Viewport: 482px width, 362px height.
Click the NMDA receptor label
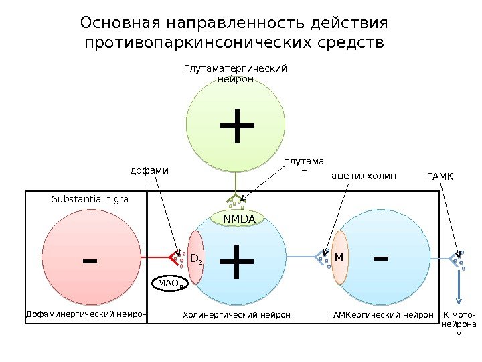(x=238, y=218)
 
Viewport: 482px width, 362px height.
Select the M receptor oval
(x=339, y=257)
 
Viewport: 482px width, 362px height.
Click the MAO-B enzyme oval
(x=170, y=284)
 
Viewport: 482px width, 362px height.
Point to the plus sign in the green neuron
(x=236, y=126)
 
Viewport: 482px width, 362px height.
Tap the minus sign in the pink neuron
(x=88, y=259)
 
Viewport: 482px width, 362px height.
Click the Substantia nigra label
(x=90, y=199)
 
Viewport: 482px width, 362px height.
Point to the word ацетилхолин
(x=364, y=176)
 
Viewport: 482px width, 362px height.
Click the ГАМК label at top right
(x=440, y=176)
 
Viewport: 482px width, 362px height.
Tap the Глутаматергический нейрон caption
(x=236, y=74)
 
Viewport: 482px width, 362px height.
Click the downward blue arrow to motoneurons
(x=458, y=292)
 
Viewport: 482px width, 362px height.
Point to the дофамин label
(x=149, y=176)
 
